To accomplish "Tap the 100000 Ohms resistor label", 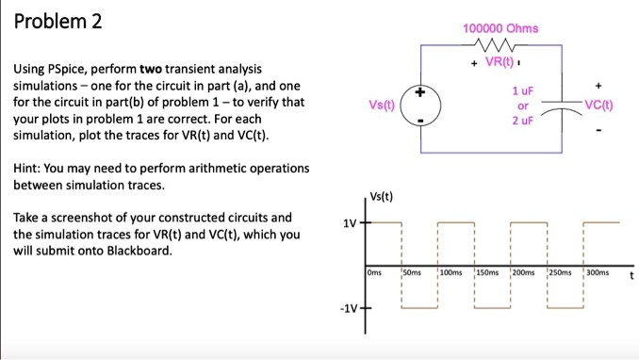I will [x=500, y=28].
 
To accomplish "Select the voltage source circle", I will [x=421, y=106].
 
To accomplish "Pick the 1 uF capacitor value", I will [x=516, y=90].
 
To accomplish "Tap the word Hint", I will [x=27, y=168].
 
